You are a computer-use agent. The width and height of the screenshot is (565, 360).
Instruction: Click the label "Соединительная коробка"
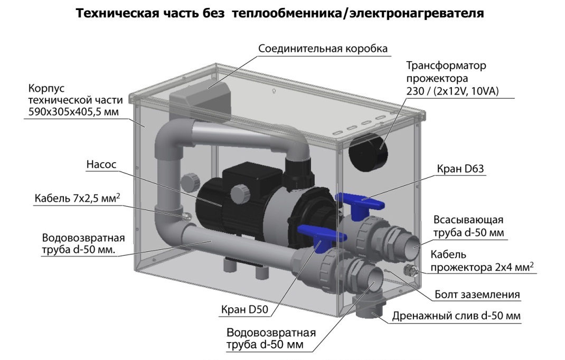(323, 49)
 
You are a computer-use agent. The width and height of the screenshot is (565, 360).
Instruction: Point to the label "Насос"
(101, 165)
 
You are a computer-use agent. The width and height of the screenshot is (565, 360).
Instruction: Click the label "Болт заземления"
(477, 294)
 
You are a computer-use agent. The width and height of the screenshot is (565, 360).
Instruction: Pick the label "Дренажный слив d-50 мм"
(456, 316)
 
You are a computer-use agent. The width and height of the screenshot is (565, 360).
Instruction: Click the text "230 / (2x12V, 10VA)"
(453, 91)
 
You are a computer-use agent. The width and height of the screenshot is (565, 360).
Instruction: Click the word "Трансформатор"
(446, 66)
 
